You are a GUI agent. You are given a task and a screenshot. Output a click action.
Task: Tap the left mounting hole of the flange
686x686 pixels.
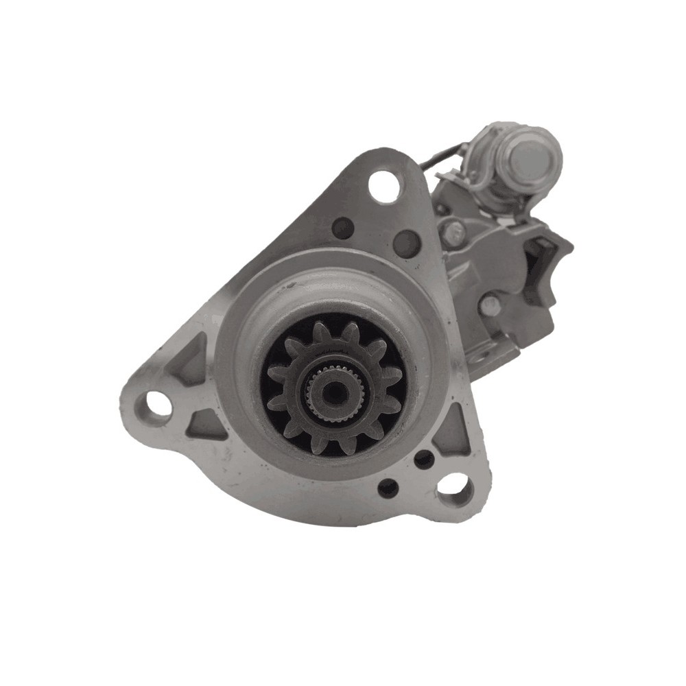(157, 405)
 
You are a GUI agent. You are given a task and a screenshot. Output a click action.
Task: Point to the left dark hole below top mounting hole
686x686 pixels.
(342, 227)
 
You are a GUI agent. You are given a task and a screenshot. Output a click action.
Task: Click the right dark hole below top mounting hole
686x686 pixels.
(407, 243)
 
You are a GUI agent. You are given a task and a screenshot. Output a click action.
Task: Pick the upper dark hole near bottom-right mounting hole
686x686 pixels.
(424, 459)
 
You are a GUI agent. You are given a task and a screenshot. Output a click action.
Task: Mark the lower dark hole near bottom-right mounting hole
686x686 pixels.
(388, 488)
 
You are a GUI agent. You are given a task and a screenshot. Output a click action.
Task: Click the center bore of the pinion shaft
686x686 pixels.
(334, 392)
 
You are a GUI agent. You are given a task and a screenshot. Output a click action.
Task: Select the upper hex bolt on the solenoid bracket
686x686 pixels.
(453, 233)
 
